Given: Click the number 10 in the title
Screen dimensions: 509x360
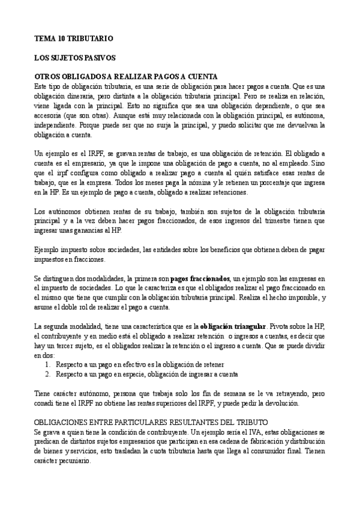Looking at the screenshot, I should click(x=64, y=38).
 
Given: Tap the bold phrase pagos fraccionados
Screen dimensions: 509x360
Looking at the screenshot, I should click(x=200, y=279).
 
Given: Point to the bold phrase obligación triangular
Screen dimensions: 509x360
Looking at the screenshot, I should click(x=232, y=325).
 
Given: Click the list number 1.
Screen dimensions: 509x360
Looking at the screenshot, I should click(x=48, y=364).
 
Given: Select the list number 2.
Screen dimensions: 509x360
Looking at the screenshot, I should click(x=48, y=373).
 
